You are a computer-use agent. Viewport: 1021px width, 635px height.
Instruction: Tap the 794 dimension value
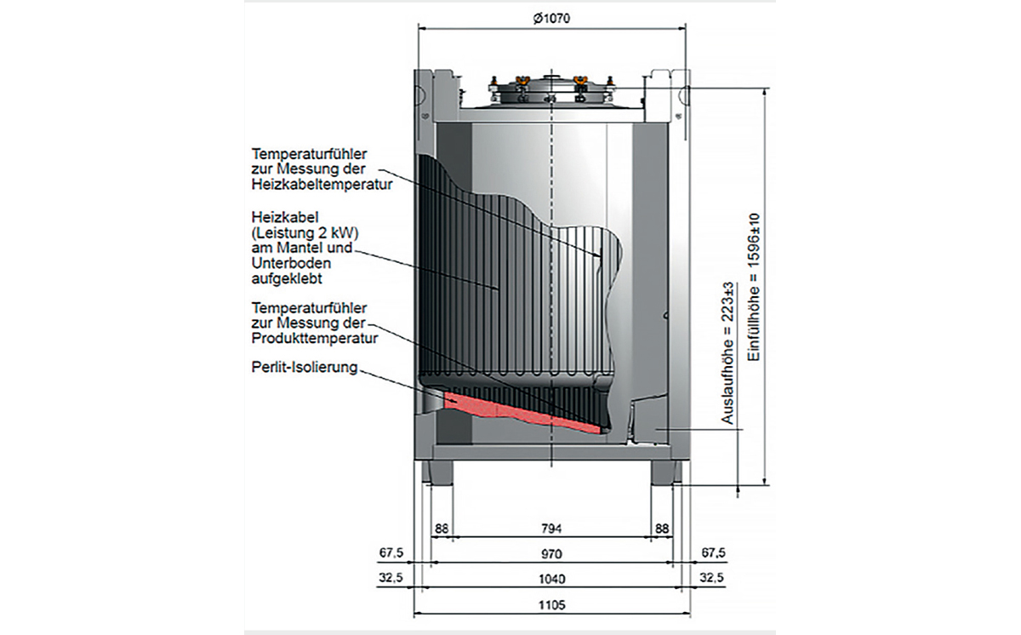(551, 529)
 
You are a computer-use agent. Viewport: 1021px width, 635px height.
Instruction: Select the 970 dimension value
(551, 554)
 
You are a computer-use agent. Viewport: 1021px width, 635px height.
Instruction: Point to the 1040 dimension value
(551, 579)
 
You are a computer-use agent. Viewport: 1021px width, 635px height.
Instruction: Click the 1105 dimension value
(551, 605)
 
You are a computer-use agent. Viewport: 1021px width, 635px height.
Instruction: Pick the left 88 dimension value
(442, 529)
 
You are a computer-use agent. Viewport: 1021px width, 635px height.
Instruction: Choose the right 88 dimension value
(661, 529)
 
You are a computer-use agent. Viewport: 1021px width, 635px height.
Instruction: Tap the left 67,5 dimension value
(391, 554)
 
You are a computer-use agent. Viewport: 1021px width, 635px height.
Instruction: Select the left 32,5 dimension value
(391, 579)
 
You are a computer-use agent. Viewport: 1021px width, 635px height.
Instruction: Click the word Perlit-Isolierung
(305, 369)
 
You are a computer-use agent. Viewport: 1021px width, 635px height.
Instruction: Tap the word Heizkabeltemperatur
(322, 185)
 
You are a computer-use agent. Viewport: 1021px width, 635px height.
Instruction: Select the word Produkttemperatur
(315, 339)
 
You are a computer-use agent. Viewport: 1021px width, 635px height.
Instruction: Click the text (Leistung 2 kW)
(302, 232)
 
